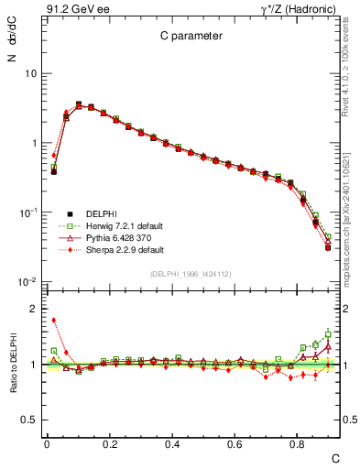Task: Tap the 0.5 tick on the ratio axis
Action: click(x=28, y=420)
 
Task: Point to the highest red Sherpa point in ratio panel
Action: click(x=54, y=320)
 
